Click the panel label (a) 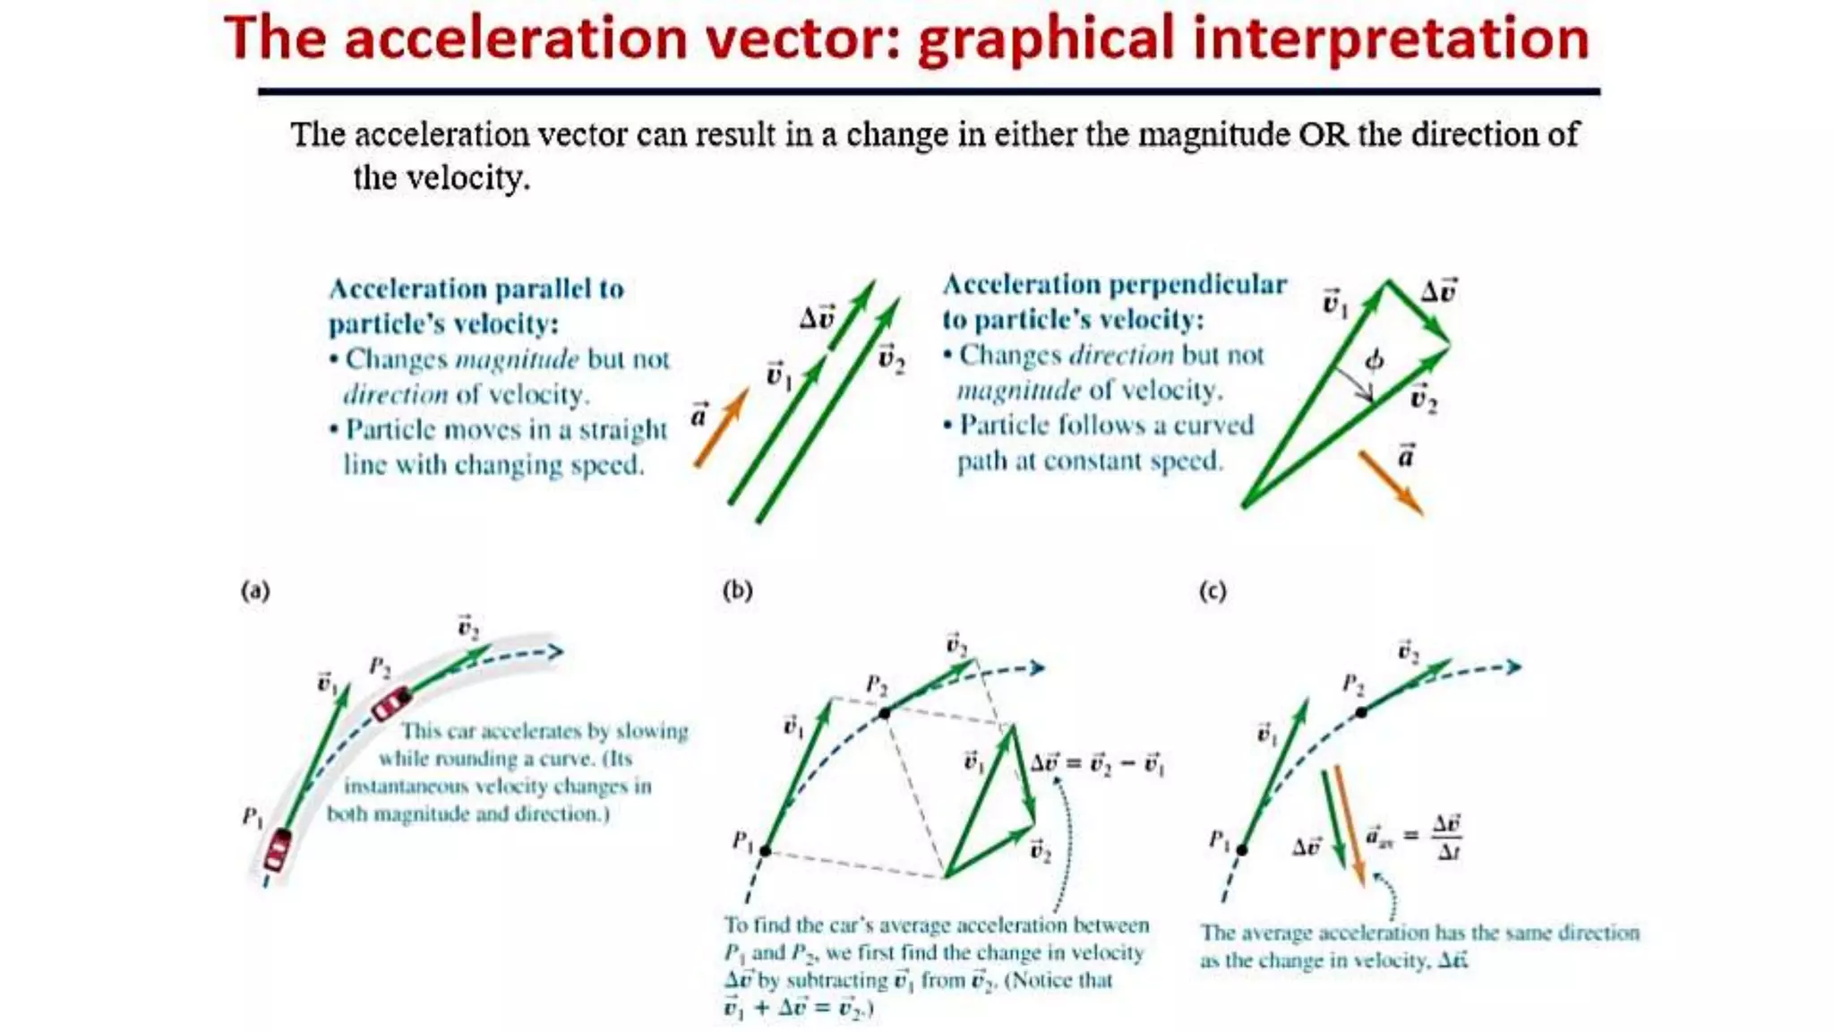[x=255, y=590]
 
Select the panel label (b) [x=737, y=590]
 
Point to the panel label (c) [x=1212, y=591]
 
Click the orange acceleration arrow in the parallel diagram [x=721, y=427]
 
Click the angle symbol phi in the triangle [x=1374, y=360]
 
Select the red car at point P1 [x=278, y=850]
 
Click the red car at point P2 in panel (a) [x=391, y=703]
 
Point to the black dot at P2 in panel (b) [x=885, y=713]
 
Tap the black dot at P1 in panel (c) [x=1242, y=849]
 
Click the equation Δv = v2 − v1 [x=1097, y=764]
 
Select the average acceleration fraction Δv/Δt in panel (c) [x=1447, y=837]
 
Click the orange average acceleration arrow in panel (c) [x=1350, y=824]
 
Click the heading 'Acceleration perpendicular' [x=1114, y=285]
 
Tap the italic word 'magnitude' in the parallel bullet [x=517, y=360]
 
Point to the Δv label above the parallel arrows [x=816, y=318]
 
